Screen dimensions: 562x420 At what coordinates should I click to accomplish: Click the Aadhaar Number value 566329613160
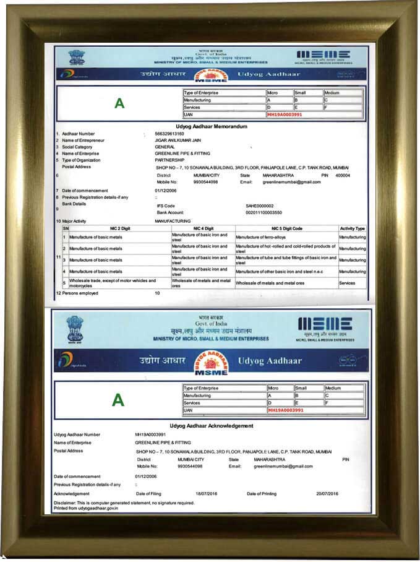click(169, 134)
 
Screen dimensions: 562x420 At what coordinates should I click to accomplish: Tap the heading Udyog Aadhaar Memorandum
click(212, 126)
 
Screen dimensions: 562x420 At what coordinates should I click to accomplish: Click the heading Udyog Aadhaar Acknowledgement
click(211, 426)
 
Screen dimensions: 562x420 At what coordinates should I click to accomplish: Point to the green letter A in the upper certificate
click(119, 104)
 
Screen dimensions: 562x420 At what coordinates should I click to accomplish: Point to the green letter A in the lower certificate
click(118, 400)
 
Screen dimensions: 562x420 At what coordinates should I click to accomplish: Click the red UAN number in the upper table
click(285, 115)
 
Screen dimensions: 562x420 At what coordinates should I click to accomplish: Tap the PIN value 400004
click(342, 175)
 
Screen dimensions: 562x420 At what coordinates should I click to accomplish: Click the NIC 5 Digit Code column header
click(286, 228)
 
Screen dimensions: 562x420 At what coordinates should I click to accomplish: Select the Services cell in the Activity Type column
click(347, 283)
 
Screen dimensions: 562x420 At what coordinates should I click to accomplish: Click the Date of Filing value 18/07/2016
click(207, 493)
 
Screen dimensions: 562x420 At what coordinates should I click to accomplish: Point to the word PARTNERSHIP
click(171, 160)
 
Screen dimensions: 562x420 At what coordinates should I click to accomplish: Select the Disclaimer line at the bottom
click(124, 503)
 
